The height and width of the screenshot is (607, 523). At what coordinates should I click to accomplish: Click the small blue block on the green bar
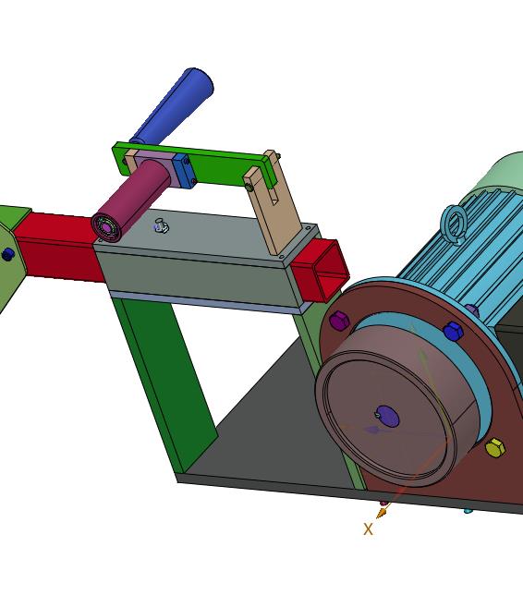[x=184, y=171]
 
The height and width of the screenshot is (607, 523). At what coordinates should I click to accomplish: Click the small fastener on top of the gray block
[x=161, y=225]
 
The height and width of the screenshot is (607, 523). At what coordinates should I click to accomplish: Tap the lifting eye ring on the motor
[x=454, y=225]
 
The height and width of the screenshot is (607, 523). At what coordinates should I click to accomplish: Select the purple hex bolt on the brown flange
[x=339, y=321]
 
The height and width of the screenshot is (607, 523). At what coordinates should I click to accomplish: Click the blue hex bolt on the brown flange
[x=453, y=331]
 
